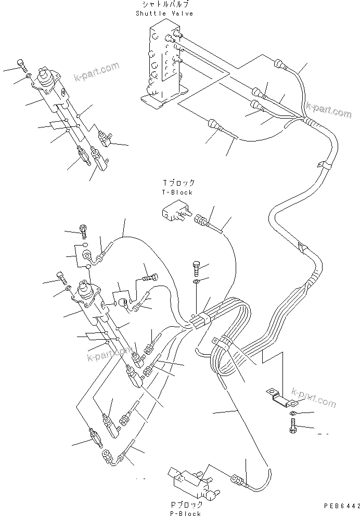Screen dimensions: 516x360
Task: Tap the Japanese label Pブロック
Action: [185, 504]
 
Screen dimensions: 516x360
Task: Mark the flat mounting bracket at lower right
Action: [281, 396]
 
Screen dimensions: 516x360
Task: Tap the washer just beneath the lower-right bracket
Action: [293, 413]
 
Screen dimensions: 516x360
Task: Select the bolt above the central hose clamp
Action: [196, 267]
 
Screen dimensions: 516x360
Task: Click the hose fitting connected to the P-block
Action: [238, 480]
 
